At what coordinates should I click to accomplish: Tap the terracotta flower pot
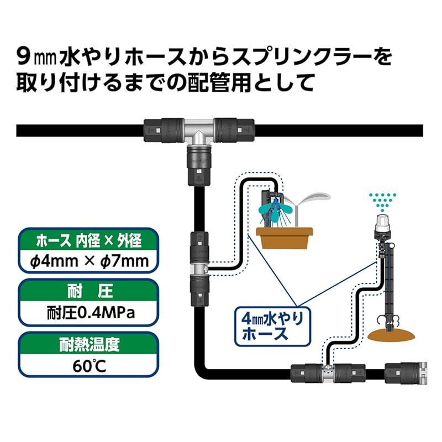tap(284, 238)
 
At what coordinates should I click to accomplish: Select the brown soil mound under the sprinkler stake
tap(391, 334)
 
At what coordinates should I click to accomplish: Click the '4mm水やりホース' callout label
tap(272, 326)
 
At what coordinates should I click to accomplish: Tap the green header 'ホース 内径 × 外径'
tap(88, 241)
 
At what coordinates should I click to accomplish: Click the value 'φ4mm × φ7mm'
tap(89, 261)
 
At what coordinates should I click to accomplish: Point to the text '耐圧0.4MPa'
tap(91, 313)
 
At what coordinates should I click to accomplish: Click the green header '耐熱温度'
tap(89, 344)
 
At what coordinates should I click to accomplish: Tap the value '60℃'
tap(90, 366)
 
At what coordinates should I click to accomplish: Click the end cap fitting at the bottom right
tap(406, 373)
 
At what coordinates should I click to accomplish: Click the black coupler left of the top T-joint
tap(164, 130)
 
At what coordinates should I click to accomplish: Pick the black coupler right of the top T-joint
tap(234, 130)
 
